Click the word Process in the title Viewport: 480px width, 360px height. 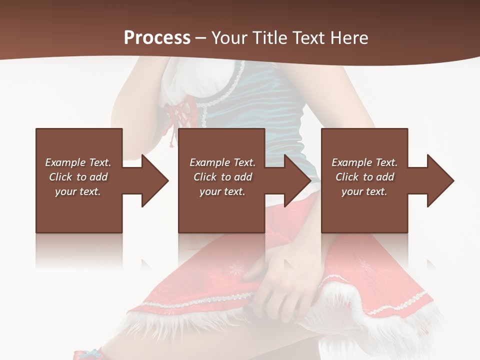coord(157,37)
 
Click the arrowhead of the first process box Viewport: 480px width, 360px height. coord(155,180)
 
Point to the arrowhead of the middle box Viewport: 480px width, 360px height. coord(297,180)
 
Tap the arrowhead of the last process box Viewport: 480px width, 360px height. coord(440,180)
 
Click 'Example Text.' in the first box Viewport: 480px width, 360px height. coord(78,162)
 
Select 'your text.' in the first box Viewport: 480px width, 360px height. coord(78,191)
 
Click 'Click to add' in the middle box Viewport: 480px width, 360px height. coord(222,177)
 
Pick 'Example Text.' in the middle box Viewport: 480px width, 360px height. coord(222,162)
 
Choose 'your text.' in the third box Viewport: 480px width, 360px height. coord(364,191)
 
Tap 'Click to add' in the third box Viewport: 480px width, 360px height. coord(364,177)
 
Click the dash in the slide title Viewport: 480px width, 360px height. coord(200,38)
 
